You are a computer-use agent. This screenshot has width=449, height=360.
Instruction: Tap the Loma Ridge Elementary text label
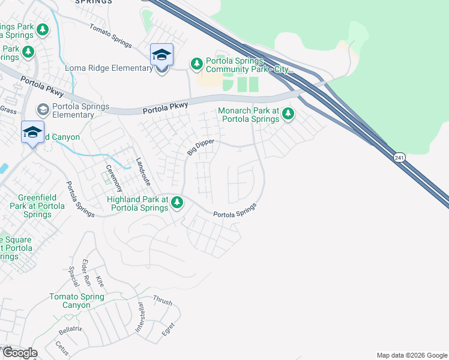[109, 68]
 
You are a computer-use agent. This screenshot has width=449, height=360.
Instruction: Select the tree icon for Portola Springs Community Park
[196, 63]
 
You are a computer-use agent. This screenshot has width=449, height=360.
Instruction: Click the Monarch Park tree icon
[288, 113]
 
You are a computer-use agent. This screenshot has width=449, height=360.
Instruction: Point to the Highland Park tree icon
[176, 202]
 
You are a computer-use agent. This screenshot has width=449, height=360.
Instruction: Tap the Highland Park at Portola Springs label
[137, 203]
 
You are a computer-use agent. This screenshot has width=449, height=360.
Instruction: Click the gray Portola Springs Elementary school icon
[43, 109]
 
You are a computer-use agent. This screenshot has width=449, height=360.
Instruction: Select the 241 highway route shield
[399, 157]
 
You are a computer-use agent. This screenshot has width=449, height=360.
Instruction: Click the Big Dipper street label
[200, 146]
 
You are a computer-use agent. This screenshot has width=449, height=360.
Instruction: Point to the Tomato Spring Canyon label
[77, 301]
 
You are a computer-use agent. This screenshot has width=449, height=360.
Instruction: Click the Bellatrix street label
[70, 331]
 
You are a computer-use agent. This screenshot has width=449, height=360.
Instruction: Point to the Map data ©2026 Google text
[412, 355]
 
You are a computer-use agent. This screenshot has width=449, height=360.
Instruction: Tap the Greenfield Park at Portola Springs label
[41, 206]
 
